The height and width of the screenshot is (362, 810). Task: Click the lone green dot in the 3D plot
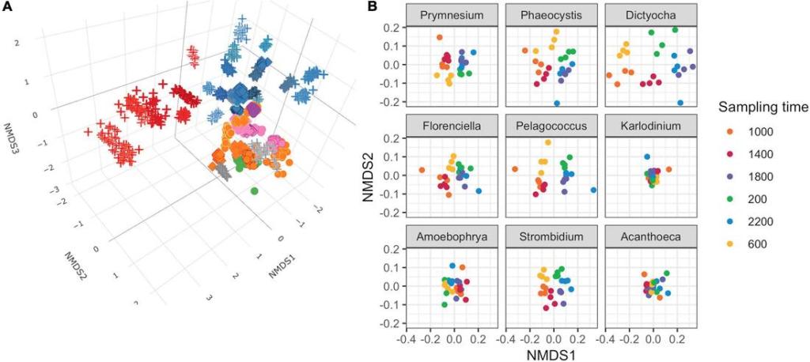pos(254,190)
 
